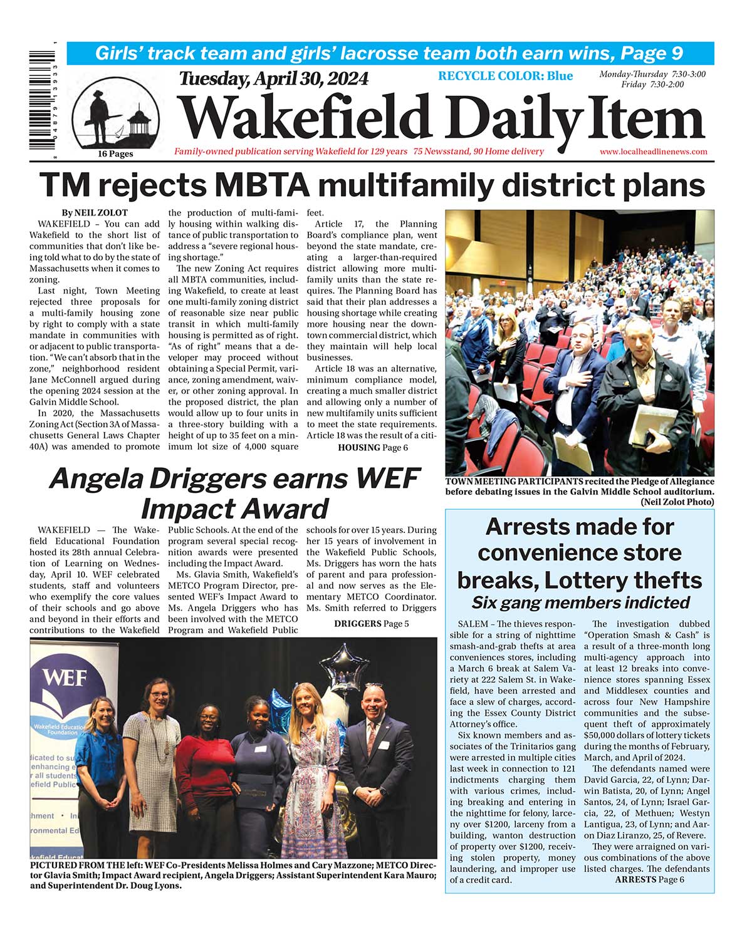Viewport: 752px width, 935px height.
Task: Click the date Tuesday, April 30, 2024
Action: coord(274,79)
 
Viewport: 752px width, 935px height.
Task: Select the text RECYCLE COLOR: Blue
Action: coord(505,76)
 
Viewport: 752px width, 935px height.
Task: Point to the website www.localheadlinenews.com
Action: coord(653,152)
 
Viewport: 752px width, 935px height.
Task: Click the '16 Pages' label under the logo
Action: coord(115,154)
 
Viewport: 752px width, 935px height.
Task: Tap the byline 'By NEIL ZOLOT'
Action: coord(95,213)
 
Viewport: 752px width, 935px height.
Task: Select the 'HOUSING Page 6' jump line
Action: coord(373,447)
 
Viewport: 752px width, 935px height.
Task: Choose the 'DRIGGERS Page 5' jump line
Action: coord(371,623)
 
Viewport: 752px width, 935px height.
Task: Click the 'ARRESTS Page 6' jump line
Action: coord(649,879)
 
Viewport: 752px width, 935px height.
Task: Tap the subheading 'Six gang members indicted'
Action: coord(580,602)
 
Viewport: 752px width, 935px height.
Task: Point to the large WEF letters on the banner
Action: coord(66,679)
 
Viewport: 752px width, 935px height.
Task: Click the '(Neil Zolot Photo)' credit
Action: coord(677,502)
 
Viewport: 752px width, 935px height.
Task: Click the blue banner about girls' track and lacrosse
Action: coord(390,53)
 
